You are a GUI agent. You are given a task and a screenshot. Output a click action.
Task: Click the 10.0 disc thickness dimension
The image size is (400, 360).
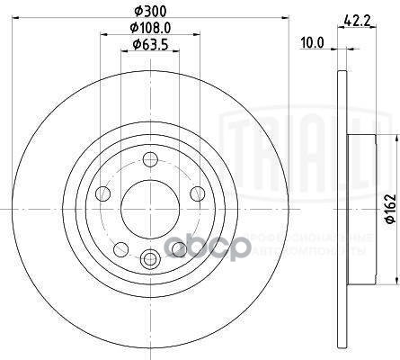point(311,41)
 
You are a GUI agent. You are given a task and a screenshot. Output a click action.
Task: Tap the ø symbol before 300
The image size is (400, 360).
point(135,12)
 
